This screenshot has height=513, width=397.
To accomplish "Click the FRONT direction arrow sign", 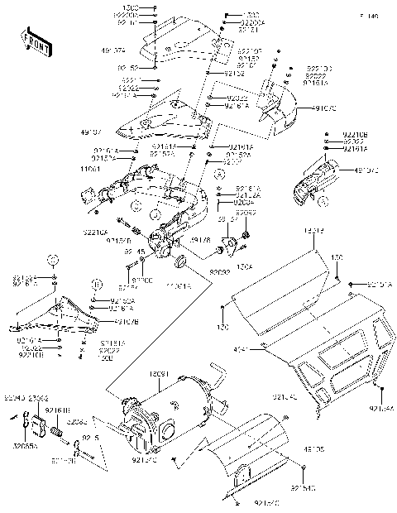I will [36, 41].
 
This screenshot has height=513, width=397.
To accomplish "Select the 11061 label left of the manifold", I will [93, 168].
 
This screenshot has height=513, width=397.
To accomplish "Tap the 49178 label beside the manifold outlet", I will [200, 241].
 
